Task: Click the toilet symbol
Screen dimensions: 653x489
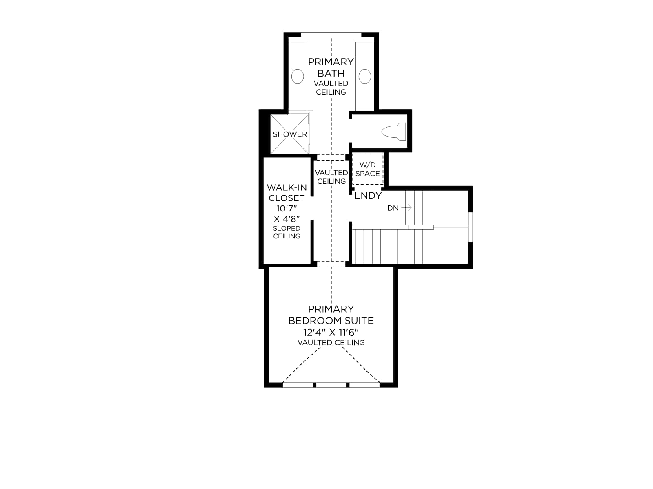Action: tap(393, 132)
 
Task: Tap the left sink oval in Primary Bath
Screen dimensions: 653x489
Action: tap(297, 76)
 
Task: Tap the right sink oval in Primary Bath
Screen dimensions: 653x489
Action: tap(365, 76)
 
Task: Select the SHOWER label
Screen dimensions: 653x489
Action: tap(290, 134)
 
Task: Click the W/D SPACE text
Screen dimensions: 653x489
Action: tap(367, 169)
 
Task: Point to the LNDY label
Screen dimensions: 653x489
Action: tap(368, 195)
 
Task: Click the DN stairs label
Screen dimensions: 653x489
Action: tap(393, 208)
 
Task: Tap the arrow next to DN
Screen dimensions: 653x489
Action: tap(406, 208)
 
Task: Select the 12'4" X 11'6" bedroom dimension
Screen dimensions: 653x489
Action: tap(331, 332)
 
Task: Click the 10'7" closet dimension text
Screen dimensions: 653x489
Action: tap(287, 208)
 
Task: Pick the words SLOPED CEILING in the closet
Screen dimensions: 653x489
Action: tap(287, 232)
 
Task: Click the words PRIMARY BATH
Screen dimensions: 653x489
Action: tap(331, 67)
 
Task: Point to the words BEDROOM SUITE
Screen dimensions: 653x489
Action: tap(331, 321)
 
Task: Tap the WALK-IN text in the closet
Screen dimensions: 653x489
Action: tap(287, 187)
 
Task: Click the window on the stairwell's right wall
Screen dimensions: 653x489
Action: tap(470, 227)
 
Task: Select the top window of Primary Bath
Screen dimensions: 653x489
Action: tap(331, 35)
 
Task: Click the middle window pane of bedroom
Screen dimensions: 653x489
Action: tap(331, 385)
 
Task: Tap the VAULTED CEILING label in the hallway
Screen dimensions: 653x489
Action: tap(331, 177)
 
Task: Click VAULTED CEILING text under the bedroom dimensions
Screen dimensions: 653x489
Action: tap(331, 343)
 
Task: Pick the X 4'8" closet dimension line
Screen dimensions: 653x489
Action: tap(287, 219)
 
